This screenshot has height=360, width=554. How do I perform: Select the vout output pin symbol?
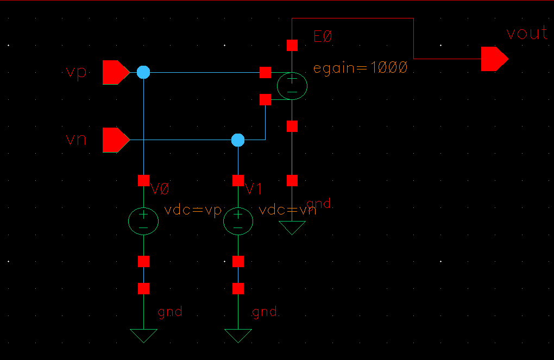[494, 59]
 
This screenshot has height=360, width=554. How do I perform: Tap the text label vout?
[526, 34]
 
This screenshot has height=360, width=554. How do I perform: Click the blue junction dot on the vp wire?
[143, 72]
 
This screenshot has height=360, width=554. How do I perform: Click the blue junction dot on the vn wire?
[238, 140]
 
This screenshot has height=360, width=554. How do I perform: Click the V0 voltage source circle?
[143, 220]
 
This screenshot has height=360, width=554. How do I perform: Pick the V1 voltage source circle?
[238, 220]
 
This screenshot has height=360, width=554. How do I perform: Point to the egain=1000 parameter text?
[360, 68]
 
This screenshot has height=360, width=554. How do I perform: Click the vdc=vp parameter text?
[193, 210]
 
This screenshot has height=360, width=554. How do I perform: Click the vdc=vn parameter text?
[288, 210]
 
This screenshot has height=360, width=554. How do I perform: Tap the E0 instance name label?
[323, 37]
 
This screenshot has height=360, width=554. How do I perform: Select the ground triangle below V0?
[143, 336]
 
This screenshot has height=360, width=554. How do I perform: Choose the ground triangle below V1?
[238, 336]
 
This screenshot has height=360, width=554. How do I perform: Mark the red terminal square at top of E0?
[292, 45]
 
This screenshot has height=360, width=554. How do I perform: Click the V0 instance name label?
[160, 189]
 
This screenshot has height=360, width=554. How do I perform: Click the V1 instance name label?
[254, 189]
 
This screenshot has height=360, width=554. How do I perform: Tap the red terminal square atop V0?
[143, 180]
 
